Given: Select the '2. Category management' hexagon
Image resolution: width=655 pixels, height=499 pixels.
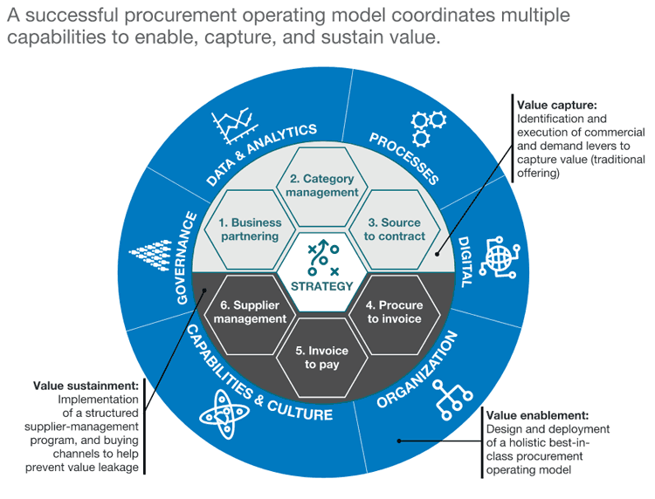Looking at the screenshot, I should click(x=323, y=184).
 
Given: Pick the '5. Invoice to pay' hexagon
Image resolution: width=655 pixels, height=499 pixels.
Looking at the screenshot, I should click(x=323, y=358).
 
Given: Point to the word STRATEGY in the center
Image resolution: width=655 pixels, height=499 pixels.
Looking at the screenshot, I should click(x=323, y=286).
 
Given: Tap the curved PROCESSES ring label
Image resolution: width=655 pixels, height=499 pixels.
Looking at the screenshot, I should click(x=403, y=158).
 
